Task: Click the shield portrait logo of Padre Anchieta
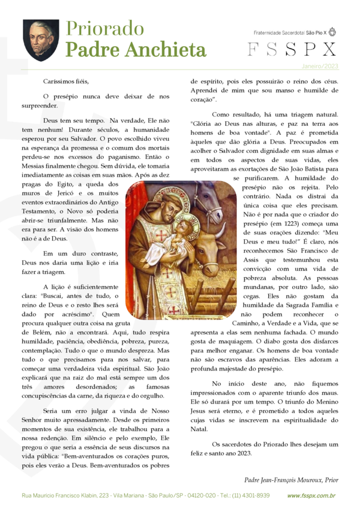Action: click(x=41, y=40)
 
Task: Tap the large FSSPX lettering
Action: click(x=292, y=50)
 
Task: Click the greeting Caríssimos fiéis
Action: click(x=66, y=80)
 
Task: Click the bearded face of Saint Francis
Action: click(x=161, y=201)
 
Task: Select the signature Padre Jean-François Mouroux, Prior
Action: click(x=291, y=479)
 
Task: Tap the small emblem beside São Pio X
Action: click(x=332, y=32)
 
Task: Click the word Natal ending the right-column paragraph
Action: click(x=199, y=429)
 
